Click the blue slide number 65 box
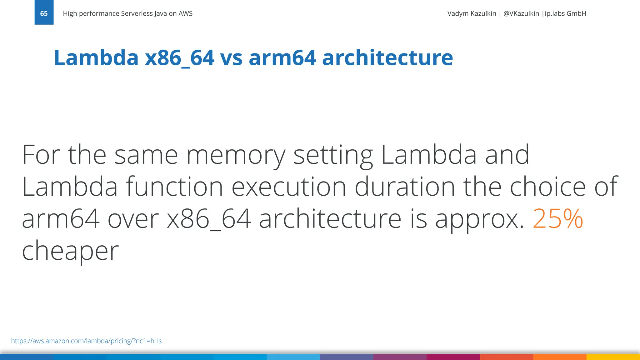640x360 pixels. click(x=44, y=12)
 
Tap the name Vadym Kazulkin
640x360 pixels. click(x=472, y=13)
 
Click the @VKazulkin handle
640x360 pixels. click(x=521, y=13)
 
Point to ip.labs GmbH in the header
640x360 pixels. click(x=565, y=13)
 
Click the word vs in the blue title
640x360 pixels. click(x=231, y=58)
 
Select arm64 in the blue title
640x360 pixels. click(x=282, y=58)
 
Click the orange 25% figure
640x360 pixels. click(x=558, y=218)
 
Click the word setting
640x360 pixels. click(x=333, y=155)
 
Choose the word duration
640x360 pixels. click(x=405, y=187)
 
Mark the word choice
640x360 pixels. click(x=547, y=187)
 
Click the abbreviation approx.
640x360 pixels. click(x=479, y=219)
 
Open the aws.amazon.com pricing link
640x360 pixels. click(x=86, y=341)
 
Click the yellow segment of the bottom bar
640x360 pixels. click(x=613, y=357)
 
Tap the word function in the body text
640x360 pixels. click(x=174, y=187)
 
